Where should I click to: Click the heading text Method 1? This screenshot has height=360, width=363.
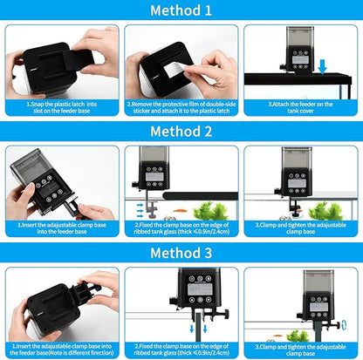[x=181, y=11]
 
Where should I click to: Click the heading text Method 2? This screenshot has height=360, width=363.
[x=181, y=132]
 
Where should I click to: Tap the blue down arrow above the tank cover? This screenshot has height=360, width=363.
[x=324, y=65]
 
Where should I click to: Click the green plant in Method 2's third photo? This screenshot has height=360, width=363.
[x=327, y=209]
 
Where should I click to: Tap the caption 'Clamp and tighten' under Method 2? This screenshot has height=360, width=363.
[x=302, y=227]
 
